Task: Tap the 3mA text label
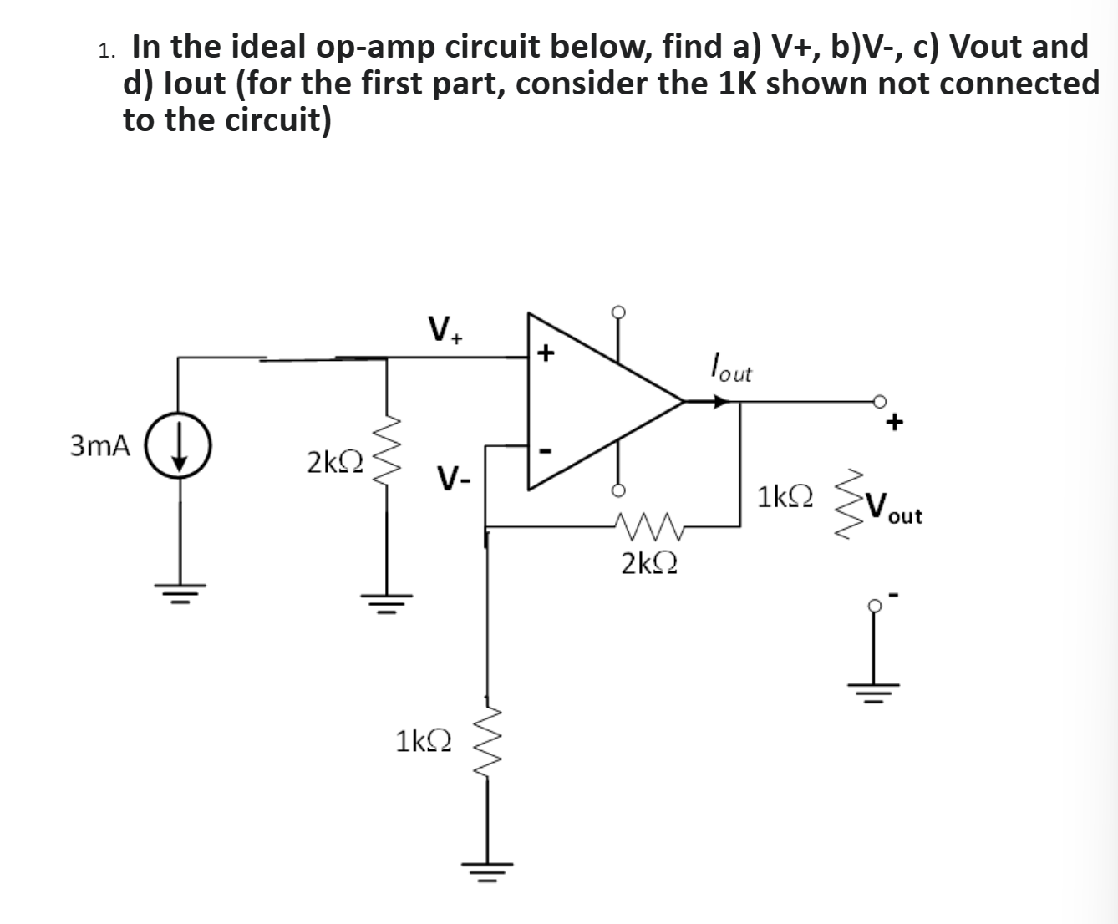100,446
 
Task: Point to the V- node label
455,480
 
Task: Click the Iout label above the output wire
729,368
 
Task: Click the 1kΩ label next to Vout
784,498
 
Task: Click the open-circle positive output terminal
878,402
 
